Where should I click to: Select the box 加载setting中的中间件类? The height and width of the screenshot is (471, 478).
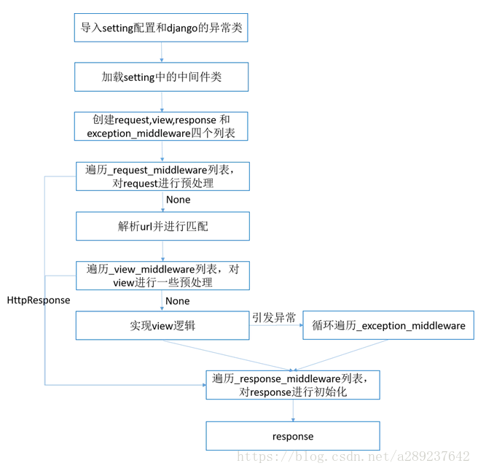(x=162, y=77)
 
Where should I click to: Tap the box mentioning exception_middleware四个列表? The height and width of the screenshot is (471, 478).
(x=162, y=126)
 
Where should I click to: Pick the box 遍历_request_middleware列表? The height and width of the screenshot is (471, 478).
(x=162, y=176)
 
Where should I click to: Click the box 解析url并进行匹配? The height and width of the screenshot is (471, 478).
(x=162, y=226)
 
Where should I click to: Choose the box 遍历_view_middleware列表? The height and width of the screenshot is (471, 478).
(x=162, y=276)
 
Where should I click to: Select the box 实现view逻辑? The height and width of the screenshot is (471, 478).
(x=162, y=325)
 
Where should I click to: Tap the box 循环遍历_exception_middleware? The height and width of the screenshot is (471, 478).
(x=388, y=325)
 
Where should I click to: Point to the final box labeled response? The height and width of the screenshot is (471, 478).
(x=293, y=436)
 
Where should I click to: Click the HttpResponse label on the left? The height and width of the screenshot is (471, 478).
(x=39, y=300)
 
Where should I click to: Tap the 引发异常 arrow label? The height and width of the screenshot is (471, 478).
(x=274, y=317)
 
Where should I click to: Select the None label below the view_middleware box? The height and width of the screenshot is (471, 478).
(x=178, y=300)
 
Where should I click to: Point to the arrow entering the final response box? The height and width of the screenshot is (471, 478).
(x=293, y=410)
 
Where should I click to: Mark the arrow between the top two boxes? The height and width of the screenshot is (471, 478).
(x=162, y=52)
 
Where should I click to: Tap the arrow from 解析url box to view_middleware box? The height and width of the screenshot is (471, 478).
(x=162, y=251)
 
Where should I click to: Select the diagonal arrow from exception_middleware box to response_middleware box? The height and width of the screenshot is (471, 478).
(x=342, y=355)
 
